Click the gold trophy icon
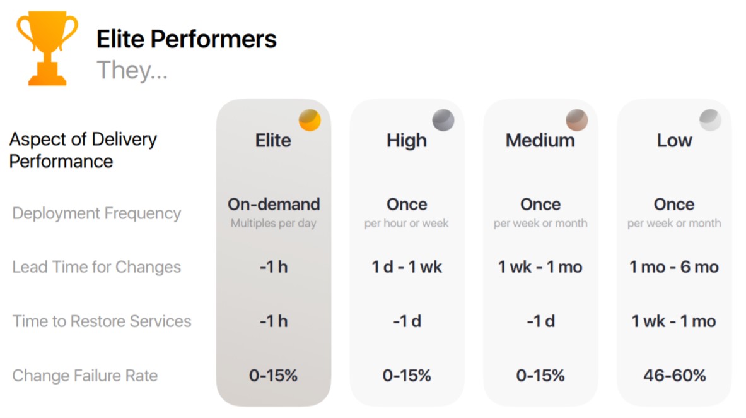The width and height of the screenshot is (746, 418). [x=47, y=48]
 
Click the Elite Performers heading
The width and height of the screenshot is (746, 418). [x=187, y=39]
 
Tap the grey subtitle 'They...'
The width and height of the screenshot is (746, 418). [x=132, y=70]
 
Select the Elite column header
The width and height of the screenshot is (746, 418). [x=273, y=141]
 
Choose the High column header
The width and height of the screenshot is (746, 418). [x=407, y=141]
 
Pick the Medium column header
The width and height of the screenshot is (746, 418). [x=540, y=141]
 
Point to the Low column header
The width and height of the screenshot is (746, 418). [x=674, y=141]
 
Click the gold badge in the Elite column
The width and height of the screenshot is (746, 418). [x=310, y=120]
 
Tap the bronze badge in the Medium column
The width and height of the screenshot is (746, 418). [x=576, y=120]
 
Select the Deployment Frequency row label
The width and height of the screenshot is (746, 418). [x=96, y=213]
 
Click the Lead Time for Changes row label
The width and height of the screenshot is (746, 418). [x=96, y=267]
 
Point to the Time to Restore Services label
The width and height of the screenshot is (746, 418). [x=102, y=321]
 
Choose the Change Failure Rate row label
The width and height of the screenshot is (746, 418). [x=85, y=376]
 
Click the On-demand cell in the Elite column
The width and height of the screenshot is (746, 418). [x=274, y=204]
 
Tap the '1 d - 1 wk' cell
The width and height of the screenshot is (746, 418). [x=407, y=267]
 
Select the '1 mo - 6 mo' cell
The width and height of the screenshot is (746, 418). [x=674, y=267]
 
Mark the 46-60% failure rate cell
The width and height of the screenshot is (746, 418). [x=675, y=376]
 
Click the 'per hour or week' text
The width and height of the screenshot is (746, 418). [x=406, y=223]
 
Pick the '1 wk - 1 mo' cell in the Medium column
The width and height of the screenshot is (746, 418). [x=540, y=267]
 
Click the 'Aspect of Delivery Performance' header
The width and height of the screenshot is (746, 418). [x=83, y=150]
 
